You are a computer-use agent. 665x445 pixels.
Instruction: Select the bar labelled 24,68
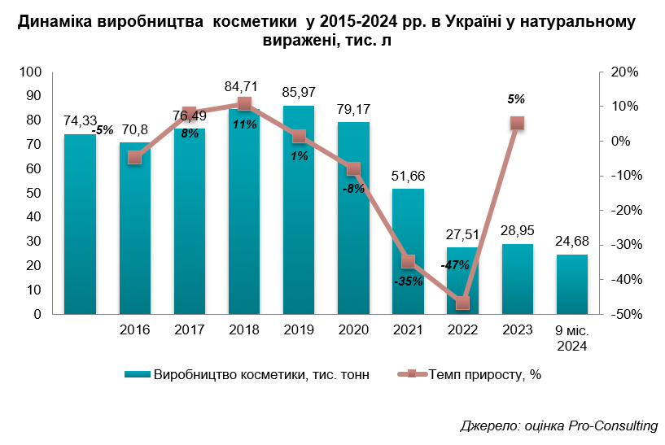coord(571,284)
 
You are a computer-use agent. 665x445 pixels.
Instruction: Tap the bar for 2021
coord(408,251)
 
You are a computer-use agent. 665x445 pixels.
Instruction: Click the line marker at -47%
coord(462,303)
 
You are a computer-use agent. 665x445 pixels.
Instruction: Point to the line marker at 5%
coord(517,124)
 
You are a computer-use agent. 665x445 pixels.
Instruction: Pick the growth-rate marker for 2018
coord(244,103)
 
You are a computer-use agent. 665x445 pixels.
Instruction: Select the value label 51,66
coord(408,175)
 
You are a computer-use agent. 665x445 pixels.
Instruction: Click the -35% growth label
coord(408,281)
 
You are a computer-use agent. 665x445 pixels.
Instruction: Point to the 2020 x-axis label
coord(353,330)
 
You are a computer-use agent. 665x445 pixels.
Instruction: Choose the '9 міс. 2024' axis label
coord(571,338)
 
